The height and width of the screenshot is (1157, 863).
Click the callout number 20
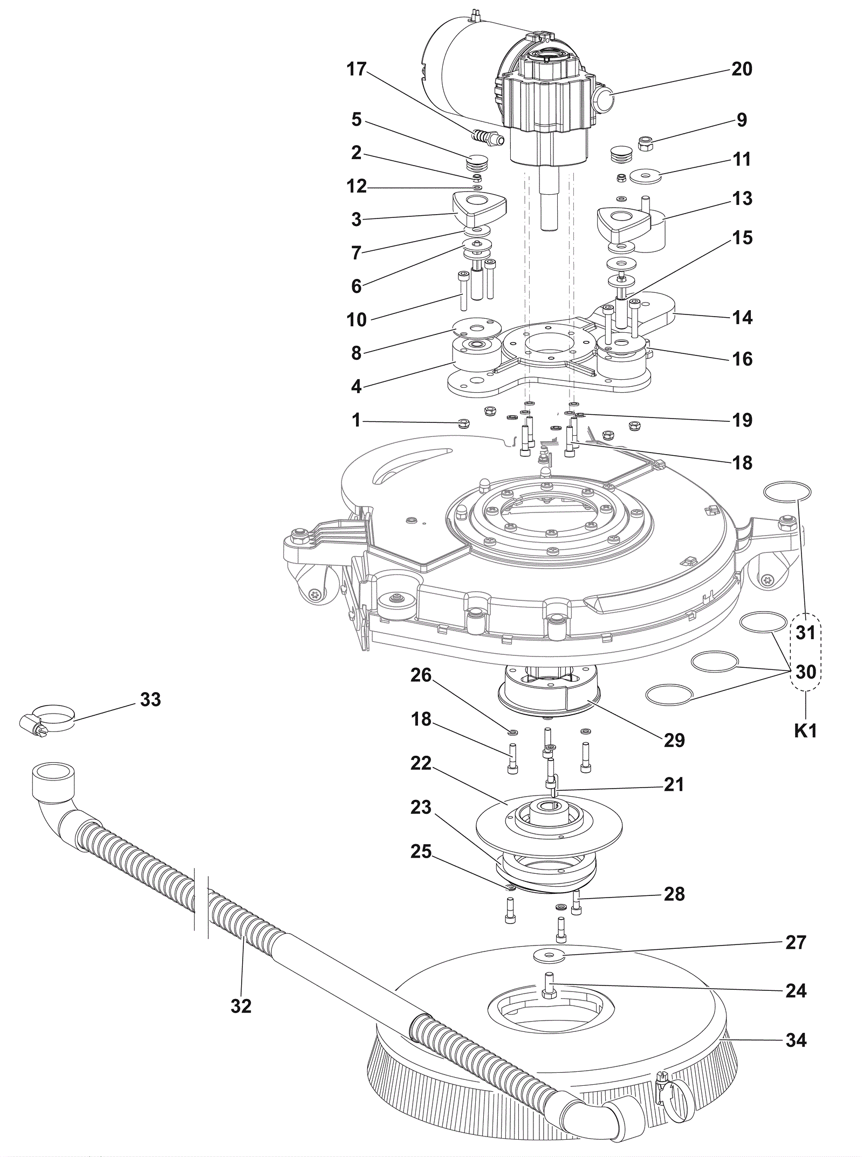pos(742,69)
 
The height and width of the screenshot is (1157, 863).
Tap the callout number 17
pos(357,69)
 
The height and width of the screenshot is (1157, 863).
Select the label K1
pos(806,731)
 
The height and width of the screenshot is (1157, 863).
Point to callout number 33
pos(150,700)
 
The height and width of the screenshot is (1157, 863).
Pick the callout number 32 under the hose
pos(241,1006)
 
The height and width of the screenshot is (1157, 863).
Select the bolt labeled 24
pos(548,983)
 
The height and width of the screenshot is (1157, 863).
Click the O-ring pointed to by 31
pos(787,491)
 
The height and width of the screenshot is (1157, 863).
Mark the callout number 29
pos(674,740)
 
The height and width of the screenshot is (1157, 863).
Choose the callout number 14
pos(742,317)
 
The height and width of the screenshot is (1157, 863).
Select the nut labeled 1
pos(463,423)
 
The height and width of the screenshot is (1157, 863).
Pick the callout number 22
pos(421,763)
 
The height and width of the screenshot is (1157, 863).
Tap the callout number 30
pos(806,672)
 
